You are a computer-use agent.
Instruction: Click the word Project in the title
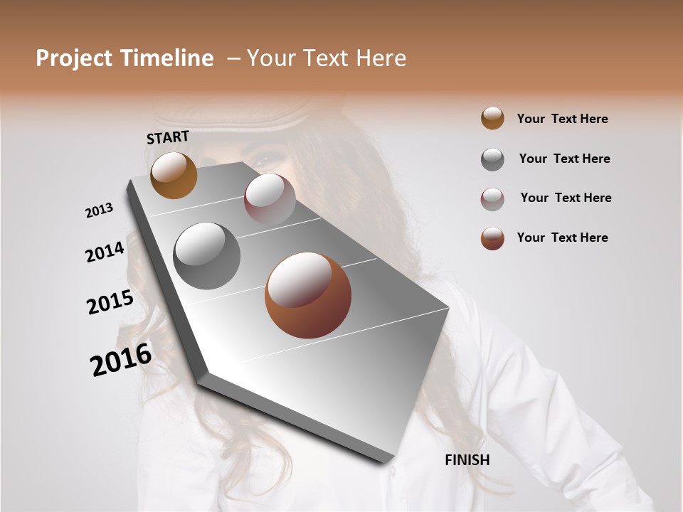click(75, 58)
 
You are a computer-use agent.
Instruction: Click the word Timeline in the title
click(167, 58)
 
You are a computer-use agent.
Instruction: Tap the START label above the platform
click(168, 137)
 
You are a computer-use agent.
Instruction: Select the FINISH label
click(467, 460)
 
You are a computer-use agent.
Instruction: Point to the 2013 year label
click(99, 210)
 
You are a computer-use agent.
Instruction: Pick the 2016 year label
click(121, 360)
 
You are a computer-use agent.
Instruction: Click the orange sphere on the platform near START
click(174, 175)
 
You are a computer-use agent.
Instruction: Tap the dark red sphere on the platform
click(270, 198)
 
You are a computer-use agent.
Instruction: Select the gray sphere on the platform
click(206, 255)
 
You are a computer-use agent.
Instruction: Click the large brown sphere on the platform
click(307, 295)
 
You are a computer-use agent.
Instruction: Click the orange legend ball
click(492, 118)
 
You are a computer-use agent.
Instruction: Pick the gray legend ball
click(492, 159)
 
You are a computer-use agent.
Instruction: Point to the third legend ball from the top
click(492, 199)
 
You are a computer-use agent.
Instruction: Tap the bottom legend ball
click(492, 238)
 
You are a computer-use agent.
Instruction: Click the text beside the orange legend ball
click(562, 119)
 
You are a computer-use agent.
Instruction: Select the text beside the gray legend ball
click(564, 159)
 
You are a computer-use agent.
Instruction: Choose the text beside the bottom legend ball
click(562, 238)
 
